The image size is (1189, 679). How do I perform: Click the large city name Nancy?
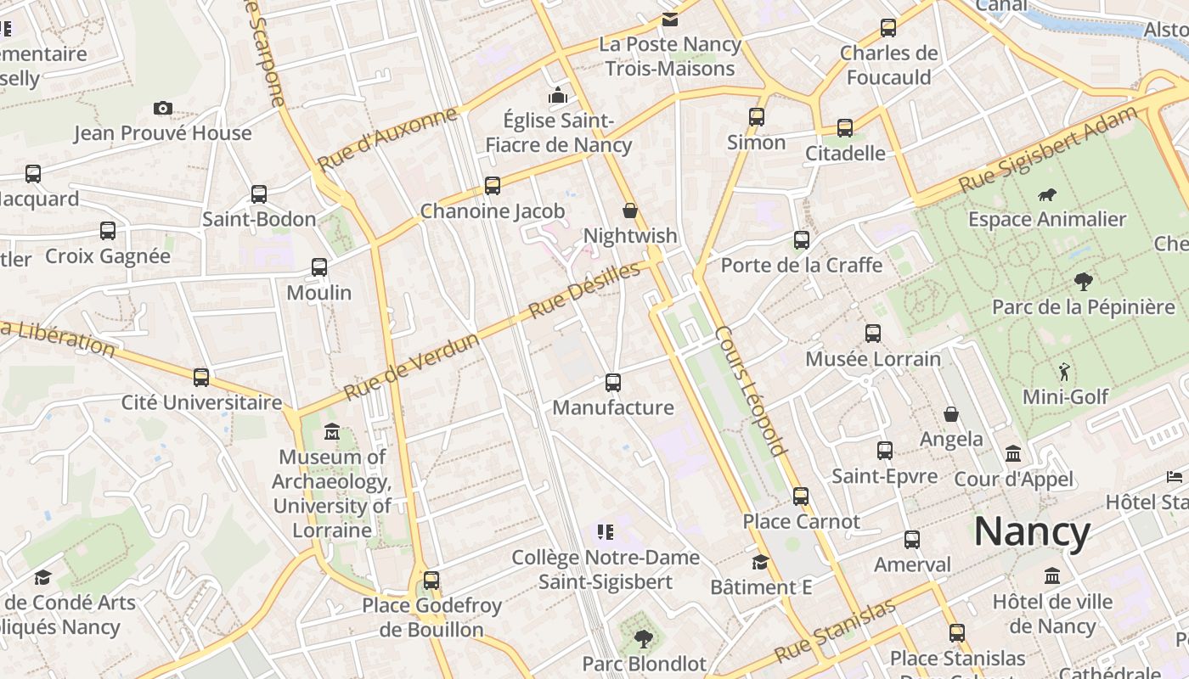1032,532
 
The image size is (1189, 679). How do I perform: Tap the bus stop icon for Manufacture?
613,383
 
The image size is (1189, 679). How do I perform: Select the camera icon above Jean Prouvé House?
163,108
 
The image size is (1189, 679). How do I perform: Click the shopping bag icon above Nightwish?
630,210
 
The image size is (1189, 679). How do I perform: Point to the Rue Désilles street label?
583,291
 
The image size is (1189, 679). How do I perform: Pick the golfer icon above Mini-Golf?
1065,372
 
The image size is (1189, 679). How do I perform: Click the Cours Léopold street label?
751,390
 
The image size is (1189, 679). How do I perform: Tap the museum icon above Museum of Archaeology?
332,433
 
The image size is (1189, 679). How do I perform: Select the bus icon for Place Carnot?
801,497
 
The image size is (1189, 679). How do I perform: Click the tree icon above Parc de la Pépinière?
1083,281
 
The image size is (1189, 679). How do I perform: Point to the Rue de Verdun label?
411,366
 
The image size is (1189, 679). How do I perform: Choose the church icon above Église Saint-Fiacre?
558,95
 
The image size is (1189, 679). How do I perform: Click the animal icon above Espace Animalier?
1047,194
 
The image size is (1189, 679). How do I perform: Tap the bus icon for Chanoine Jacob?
493,186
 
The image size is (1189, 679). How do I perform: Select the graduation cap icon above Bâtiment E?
760,562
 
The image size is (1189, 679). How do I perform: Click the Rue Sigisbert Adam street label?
1047,149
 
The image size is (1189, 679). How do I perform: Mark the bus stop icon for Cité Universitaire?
201,378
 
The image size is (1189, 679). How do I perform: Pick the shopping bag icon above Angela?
951,414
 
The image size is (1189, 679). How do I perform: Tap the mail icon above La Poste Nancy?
670,19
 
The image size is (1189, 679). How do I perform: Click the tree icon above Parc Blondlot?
644,638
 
